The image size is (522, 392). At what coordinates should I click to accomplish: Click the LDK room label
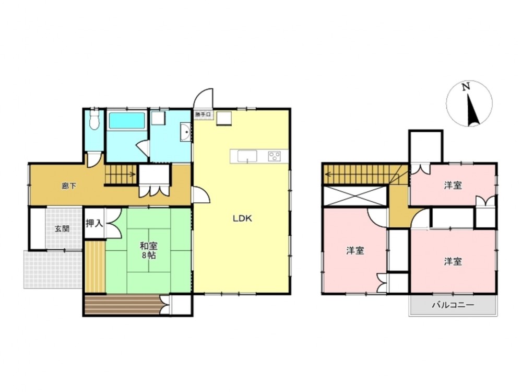(242, 218)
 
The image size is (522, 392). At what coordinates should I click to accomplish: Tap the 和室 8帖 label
(148, 251)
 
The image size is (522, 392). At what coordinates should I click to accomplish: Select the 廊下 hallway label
(69, 186)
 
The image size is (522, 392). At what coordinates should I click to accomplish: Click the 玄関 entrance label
(62, 229)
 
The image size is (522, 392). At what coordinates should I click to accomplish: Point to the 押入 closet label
(94, 223)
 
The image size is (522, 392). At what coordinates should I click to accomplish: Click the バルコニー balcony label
(453, 305)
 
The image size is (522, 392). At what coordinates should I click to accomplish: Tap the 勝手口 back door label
(203, 114)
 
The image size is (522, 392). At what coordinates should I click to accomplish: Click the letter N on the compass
(466, 87)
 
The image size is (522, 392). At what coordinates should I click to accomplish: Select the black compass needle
(473, 110)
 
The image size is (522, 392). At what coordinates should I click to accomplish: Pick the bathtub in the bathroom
(127, 121)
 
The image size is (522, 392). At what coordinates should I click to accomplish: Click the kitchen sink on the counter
(247, 156)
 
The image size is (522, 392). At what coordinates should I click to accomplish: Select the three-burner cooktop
(275, 156)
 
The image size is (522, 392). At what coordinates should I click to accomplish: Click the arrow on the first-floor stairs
(121, 174)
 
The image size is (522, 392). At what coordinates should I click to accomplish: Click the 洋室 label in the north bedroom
(453, 186)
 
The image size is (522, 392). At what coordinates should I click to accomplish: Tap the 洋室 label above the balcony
(453, 261)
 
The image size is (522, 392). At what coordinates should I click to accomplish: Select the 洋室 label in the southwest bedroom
(355, 250)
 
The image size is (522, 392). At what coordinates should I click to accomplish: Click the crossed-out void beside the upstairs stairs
(355, 197)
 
